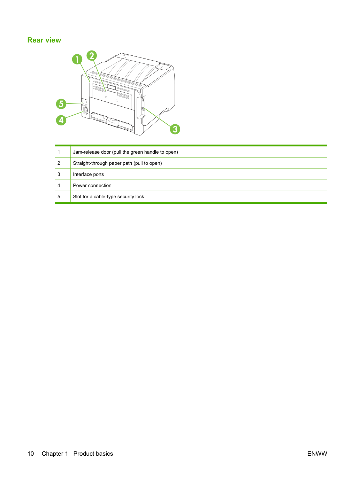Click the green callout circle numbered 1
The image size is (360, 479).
[x=77, y=59]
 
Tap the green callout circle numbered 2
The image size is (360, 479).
[x=92, y=55]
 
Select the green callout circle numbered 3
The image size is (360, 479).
[x=175, y=129]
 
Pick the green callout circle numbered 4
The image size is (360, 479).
[x=61, y=120]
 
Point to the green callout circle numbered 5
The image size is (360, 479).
[x=61, y=104]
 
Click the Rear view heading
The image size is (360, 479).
[x=44, y=40]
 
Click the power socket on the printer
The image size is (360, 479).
[x=86, y=110]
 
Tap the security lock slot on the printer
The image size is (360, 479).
[x=85, y=102]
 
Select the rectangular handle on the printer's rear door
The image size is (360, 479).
[x=111, y=88]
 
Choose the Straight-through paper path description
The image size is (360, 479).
[x=117, y=163]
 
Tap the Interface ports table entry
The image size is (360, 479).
[x=89, y=174]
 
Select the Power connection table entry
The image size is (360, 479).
[x=92, y=185]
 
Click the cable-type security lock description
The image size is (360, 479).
[x=108, y=196]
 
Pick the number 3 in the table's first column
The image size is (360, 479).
[x=59, y=174]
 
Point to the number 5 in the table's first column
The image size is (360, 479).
[x=59, y=196]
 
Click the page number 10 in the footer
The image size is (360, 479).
[x=31, y=454]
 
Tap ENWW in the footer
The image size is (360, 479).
[x=317, y=454]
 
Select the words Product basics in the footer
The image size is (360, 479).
[x=93, y=454]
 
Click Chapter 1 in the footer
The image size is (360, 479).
[x=55, y=454]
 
